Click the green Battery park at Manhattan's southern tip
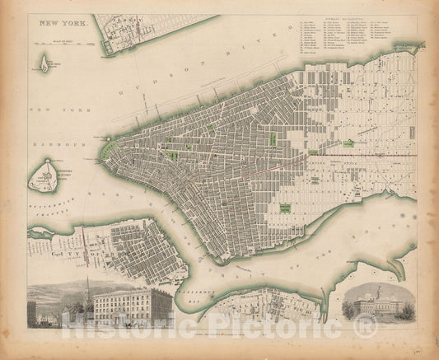click(110, 149)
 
